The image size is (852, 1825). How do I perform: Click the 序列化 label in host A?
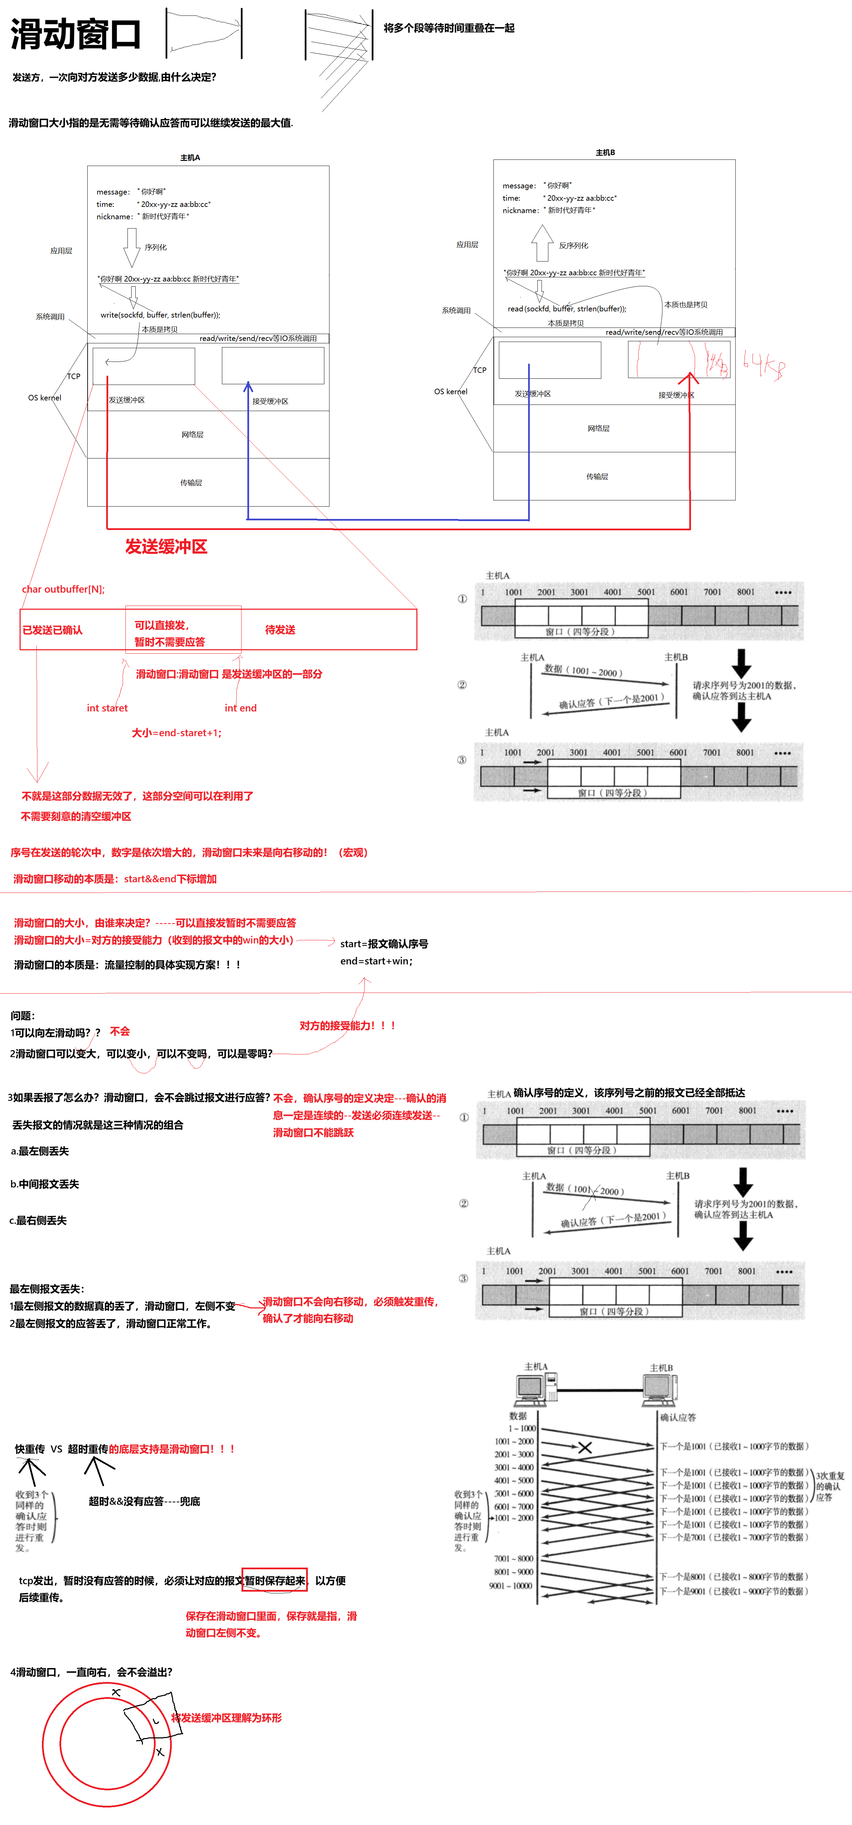click(156, 247)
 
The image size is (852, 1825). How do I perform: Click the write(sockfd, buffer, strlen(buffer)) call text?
click(160, 314)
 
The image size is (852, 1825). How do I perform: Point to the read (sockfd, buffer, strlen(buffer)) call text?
click(567, 308)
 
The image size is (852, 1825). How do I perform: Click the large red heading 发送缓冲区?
click(166, 546)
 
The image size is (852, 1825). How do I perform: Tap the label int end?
click(241, 708)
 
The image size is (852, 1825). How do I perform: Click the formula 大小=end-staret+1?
click(176, 732)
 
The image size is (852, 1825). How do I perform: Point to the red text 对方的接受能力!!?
click(347, 1025)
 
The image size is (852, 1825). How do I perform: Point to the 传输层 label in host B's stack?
click(597, 476)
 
